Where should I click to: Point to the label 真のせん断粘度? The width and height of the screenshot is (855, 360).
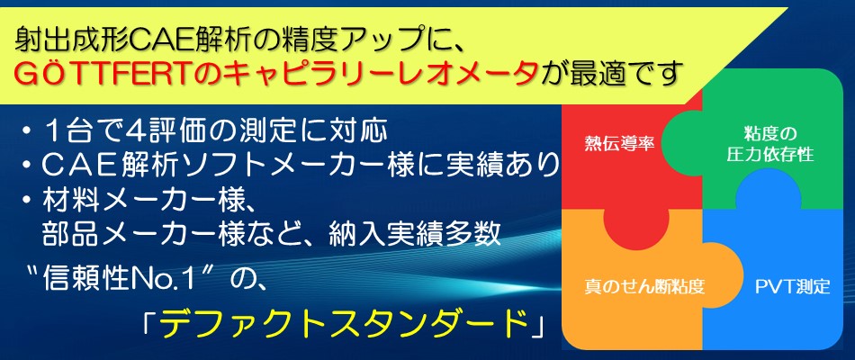tap(644, 286)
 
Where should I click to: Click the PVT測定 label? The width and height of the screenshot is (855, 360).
tap(792, 286)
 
